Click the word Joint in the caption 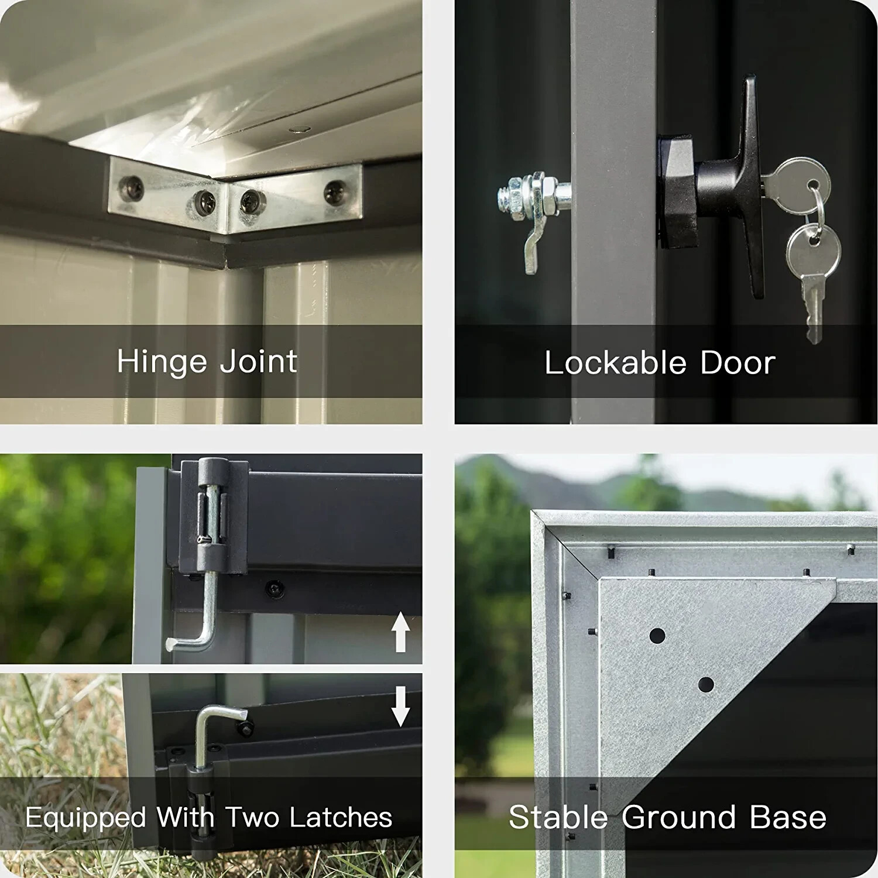point(258,361)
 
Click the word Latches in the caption point(341,817)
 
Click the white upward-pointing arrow point(400,632)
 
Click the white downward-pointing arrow point(400,706)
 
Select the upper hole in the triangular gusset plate point(657,635)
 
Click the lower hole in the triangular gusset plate point(706,684)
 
